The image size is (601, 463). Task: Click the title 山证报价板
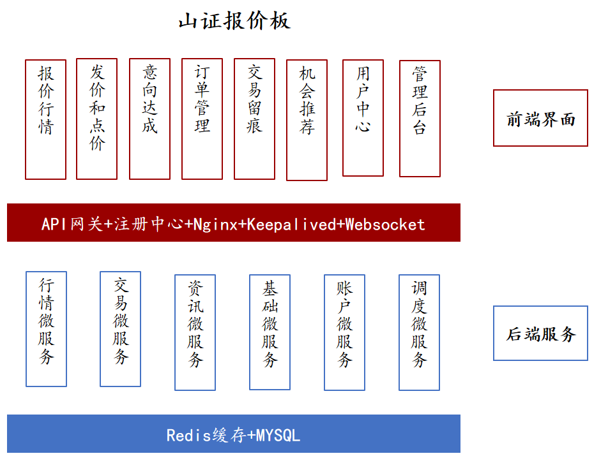(x=234, y=20)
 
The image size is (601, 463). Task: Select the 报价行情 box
(x=45, y=119)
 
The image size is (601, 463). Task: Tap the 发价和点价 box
(x=96, y=119)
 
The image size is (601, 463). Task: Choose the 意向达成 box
(x=149, y=119)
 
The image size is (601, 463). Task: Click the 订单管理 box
(x=202, y=119)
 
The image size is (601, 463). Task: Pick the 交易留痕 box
(x=254, y=119)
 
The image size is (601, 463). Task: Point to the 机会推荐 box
(x=307, y=120)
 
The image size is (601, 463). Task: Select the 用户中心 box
(x=363, y=118)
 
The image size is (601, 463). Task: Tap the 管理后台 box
(x=420, y=119)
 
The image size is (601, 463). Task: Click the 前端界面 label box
(x=540, y=118)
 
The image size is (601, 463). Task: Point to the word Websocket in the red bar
(x=385, y=224)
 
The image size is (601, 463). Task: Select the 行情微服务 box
(x=47, y=329)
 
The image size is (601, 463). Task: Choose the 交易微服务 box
(x=120, y=329)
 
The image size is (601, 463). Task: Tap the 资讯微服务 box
(x=195, y=332)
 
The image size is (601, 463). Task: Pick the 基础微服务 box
(x=270, y=332)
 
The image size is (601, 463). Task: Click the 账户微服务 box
(x=345, y=332)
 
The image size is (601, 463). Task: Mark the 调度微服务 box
(x=420, y=332)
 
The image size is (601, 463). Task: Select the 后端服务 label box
(x=540, y=334)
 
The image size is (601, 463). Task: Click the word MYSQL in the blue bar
(x=278, y=436)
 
